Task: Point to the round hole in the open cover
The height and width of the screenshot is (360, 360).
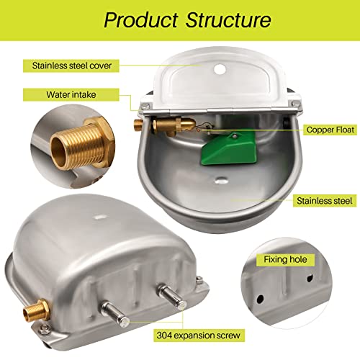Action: coord(220,73)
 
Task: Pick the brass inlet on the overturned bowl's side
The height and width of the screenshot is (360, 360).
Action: coord(34,294)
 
